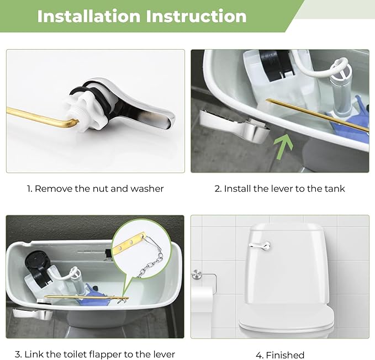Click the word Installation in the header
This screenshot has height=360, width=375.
pos(88,16)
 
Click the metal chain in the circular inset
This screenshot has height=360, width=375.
pos(149,260)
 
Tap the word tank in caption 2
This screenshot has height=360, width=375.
pos(334,189)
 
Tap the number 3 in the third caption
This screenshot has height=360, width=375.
pos(18,354)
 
